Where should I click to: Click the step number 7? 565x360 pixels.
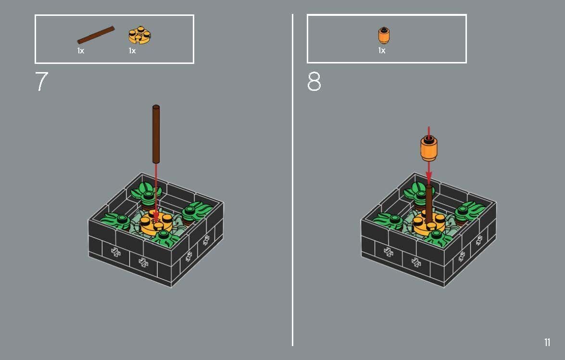tap(42, 82)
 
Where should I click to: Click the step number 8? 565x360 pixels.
tap(314, 82)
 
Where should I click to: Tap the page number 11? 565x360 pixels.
tap(547, 342)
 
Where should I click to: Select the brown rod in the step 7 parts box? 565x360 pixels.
tap(96, 36)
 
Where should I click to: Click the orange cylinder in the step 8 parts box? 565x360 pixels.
tap(384, 36)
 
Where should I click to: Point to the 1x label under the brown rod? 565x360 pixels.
tap(81, 51)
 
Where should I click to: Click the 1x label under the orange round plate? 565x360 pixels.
tap(132, 51)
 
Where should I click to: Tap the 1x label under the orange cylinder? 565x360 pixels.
tap(382, 50)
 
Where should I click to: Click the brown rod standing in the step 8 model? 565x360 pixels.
tap(428, 204)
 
